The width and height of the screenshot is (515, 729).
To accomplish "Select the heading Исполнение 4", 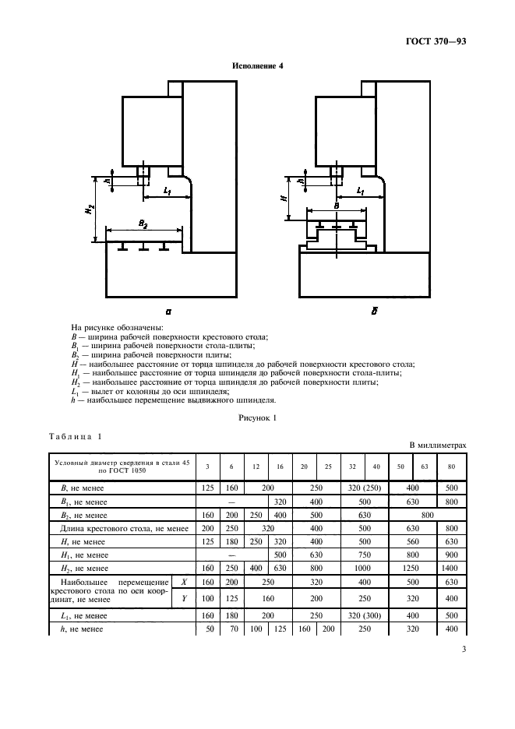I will click(257, 66).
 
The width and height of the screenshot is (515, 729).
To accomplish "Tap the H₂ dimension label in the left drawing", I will click(91, 210).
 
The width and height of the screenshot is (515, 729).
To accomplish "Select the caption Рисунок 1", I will click(257, 418).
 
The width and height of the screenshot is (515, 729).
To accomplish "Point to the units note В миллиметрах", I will click(438, 445).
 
